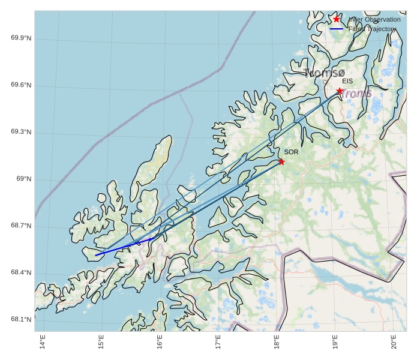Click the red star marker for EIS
[340, 91]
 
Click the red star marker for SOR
[281, 161]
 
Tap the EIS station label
[347, 81]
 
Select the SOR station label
[292, 152]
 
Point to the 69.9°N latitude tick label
[21, 38]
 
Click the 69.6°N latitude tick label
[21, 85]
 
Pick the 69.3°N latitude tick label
[21, 132]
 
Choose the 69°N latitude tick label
[23, 179]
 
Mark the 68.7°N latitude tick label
[21, 226]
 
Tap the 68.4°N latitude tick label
[21, 273]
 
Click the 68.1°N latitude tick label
[21, 320]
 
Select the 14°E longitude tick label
[43, 343]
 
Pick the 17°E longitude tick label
[218, 343]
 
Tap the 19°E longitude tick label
[335, 343]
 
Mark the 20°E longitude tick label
[394, 343]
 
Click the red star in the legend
[337, 19]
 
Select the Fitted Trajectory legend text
[373, 29]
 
